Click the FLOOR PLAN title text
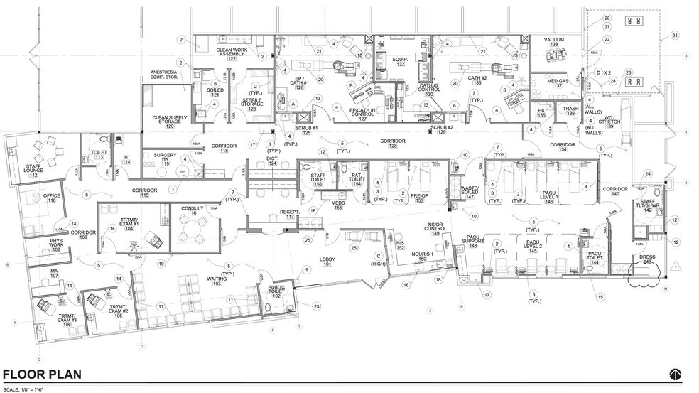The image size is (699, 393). click(42, 375)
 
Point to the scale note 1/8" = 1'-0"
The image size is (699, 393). click(23, 389)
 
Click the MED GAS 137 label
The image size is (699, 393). click(558, 83)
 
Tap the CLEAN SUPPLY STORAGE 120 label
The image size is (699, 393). click(169, 122)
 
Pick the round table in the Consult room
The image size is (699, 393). click(190, 228)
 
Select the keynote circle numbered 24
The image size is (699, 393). click(675, 35)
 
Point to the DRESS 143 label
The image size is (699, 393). click(646, 260)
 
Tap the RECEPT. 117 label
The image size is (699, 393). click(289, 215)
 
